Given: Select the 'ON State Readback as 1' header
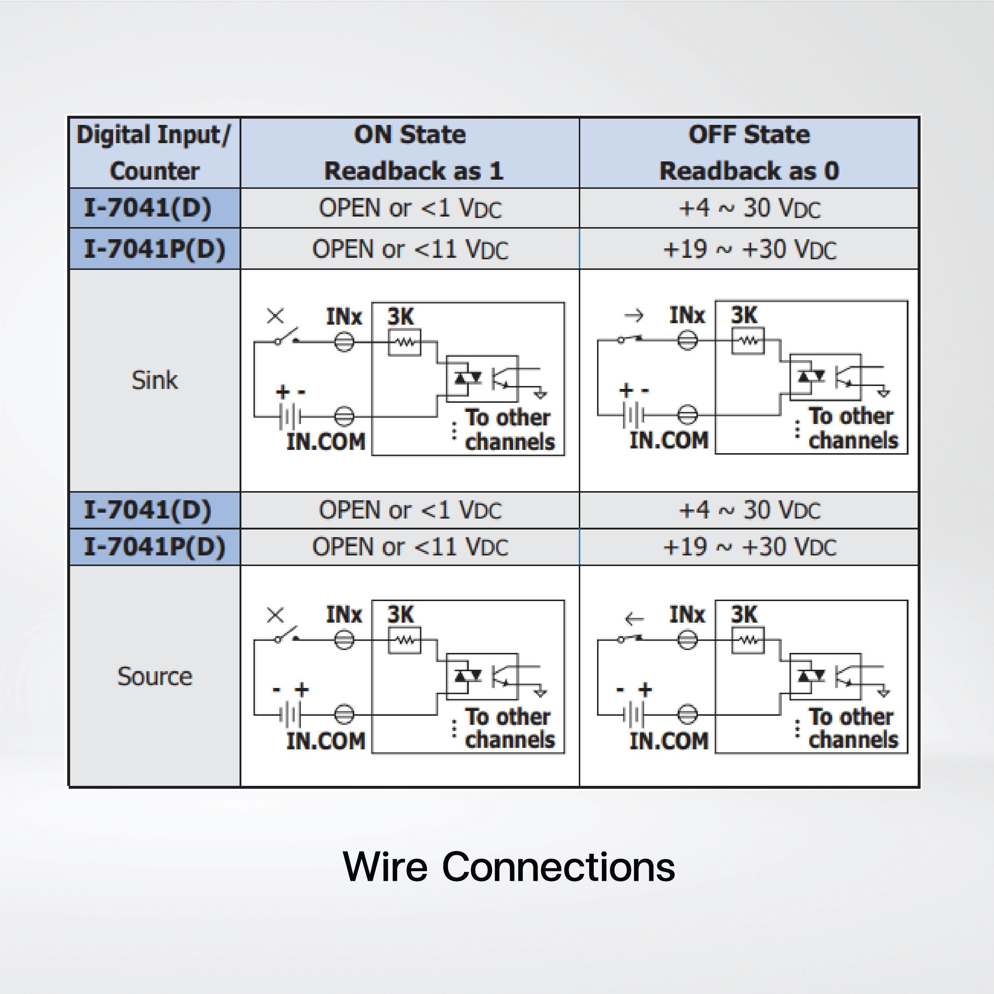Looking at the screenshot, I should (410, 152).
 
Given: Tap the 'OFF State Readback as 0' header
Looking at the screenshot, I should (749, 152).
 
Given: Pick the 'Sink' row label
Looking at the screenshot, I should (154, 380).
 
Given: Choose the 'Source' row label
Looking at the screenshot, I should (154, 676).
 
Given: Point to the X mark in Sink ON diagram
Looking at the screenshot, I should (276, 316).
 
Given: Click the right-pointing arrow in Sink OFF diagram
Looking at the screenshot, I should (633, 315).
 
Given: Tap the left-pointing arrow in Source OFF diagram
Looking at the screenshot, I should (633, 619).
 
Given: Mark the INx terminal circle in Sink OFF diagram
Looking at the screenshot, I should (687, 340).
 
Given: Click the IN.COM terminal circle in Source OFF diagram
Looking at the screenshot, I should (687, 714).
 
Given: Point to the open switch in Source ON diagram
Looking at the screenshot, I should (287, 635).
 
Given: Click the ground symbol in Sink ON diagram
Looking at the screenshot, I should (540, 395).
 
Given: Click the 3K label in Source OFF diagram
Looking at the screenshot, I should (744, 614).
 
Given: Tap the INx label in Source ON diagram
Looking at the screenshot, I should (344, 614).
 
